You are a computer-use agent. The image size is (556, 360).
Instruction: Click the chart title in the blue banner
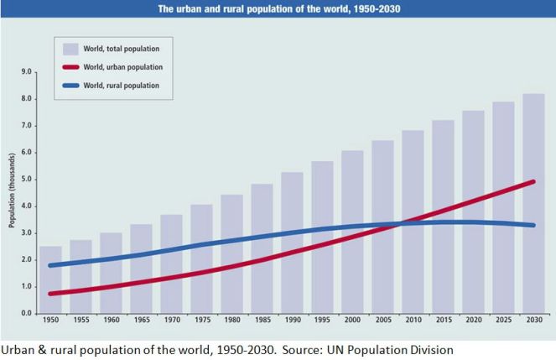pos(278,9)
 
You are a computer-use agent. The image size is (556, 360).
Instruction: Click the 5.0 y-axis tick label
pos(26,180)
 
